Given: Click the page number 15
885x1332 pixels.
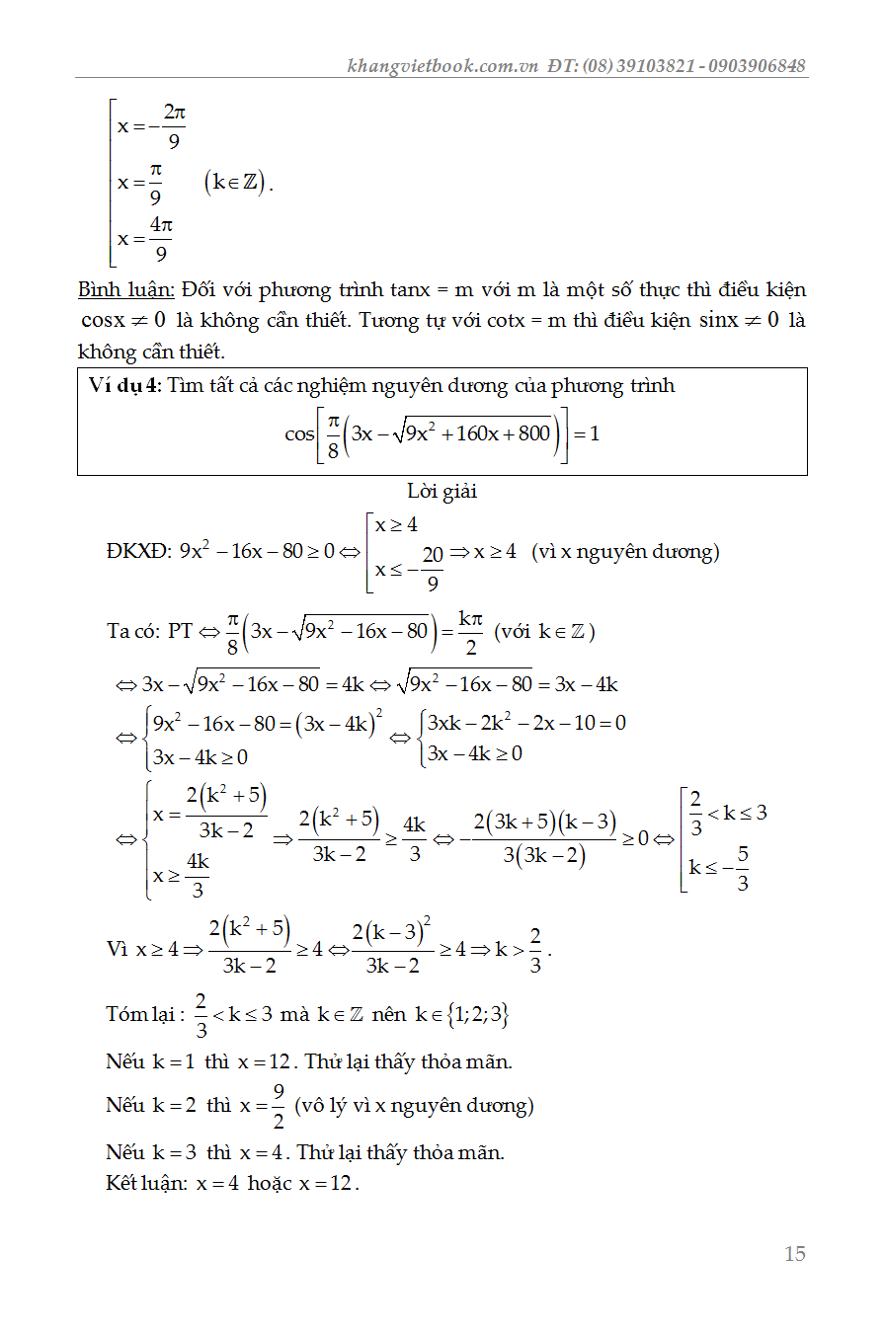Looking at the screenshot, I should coord(794,1254).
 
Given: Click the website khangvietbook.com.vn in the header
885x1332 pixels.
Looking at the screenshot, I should coord(442,66).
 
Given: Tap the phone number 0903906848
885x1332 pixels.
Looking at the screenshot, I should coord(758,66).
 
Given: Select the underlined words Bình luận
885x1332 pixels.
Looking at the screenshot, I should coord(126,290).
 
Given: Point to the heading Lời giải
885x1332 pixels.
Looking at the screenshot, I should coord(442,491).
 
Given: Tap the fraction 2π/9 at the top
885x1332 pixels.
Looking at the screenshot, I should coord(174,127).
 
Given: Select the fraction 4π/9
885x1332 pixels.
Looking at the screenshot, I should coord(161,240).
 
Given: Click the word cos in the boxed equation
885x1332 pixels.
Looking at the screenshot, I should coord(299,433).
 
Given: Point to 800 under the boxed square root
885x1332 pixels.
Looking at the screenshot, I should coord(532,432).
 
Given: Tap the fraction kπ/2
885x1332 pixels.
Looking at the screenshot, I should coord(471,631).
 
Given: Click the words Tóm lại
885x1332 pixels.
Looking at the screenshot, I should coord(144,1015).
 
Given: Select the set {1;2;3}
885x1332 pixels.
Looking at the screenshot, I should coord(477,1015).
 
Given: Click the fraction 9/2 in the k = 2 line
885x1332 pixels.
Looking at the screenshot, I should coord(279,1106).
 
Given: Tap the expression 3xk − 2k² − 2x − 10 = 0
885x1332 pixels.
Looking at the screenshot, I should coord(526,723).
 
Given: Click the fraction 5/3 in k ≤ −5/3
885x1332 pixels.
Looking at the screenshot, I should coord(743,869).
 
